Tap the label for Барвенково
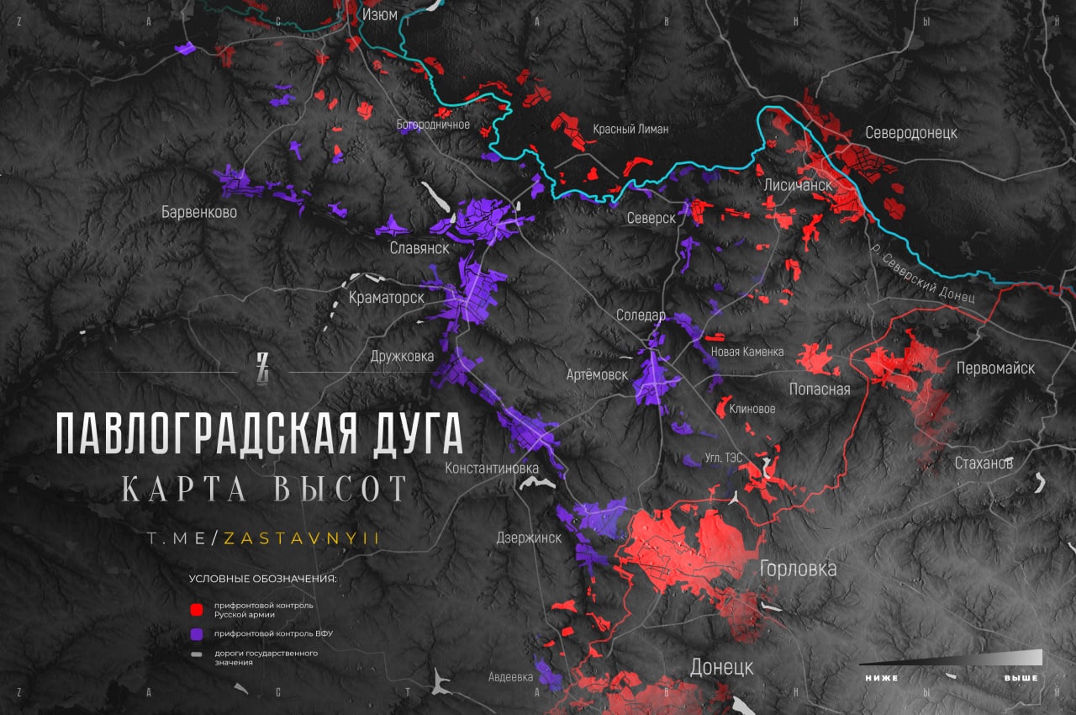click(199, 212)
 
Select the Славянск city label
click(419, 248)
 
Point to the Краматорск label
click(386, 298)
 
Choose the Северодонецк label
click(910, 133)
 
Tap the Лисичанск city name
click(798, 184)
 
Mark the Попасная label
click(820, 389)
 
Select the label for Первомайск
click(995, 368)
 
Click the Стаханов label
click(984, 463)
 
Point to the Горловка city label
click(798, 569)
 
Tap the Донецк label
click(721, 667)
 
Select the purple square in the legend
click(197, 633)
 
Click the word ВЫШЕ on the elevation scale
click(1021, 678)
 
